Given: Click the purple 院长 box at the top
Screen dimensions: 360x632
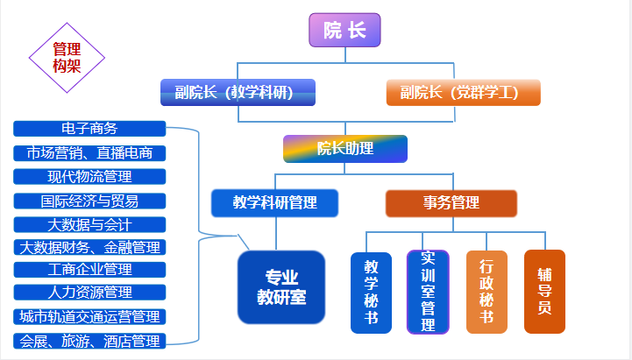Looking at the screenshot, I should click(x=344, y=31).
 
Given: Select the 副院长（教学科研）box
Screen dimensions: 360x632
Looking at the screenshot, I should click(x=238, y=92).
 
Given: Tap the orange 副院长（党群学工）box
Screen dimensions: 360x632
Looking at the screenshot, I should click(x=463, y=92).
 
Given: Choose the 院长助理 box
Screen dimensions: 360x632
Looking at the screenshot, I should click(x=345, y=148).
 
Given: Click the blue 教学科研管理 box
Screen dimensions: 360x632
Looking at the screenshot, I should click(x=275, y=203).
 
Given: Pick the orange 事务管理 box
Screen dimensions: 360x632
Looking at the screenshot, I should click(x=451, y=203).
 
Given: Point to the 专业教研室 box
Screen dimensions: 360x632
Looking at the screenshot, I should click(x=281, y=286).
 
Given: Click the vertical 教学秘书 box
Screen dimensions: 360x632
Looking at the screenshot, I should click(x=371, y=293).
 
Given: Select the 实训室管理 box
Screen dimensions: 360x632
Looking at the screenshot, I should click(x=428, y=293).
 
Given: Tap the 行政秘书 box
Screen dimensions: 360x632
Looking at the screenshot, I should click(x=486, y=293).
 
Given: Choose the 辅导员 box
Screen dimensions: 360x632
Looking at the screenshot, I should click(x=544, y=292).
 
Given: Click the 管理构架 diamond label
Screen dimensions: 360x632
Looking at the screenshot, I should click(x=67, y=57).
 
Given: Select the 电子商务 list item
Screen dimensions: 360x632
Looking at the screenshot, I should click(x=89, y=129).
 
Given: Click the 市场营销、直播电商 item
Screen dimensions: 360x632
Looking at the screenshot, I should click(x=89, y=152).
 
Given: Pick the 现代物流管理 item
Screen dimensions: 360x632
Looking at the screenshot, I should click(x=89, y=176).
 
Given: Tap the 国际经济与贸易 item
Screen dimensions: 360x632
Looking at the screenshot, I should click(x=89, y=201).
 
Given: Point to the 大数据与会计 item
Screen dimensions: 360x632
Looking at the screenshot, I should click(x=89, y=224).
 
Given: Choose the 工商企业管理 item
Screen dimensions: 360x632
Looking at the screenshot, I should click(x=89, y=269).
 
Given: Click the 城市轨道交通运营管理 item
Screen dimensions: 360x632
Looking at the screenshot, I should click(x=89, y=316).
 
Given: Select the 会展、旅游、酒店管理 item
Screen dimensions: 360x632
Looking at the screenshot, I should click(x=89, y=341).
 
